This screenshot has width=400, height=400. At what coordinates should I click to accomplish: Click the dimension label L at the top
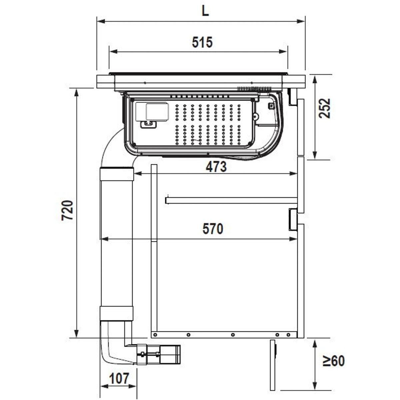coord(205,11)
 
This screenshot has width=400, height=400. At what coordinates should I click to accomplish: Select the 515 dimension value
coord(202,42)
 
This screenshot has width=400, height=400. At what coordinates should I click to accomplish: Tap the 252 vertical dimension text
coord(324,108)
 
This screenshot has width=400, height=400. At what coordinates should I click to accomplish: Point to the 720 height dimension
coord(68,210)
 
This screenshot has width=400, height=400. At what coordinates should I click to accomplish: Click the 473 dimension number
coord(216,167)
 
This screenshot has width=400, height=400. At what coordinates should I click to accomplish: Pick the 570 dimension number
coord(213,229)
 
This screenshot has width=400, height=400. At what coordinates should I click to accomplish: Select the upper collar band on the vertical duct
coord(116,175)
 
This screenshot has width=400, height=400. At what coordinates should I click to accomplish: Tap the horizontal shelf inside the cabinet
coord(232,200)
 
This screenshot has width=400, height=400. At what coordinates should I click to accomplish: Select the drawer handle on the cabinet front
coord(292,219)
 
